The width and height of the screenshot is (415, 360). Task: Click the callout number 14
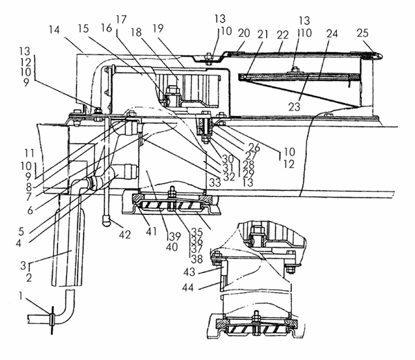54,30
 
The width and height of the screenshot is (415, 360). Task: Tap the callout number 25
362,33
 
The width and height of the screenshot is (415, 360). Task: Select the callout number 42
124,234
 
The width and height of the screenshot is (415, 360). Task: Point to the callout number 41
151,231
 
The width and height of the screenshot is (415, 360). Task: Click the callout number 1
21,296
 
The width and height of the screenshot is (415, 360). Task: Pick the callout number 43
189,272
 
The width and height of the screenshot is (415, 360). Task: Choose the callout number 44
188,287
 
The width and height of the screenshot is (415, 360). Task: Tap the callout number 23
294,107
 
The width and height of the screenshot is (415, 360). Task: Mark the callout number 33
215,182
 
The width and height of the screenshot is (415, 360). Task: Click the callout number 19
158,28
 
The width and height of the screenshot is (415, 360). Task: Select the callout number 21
263,35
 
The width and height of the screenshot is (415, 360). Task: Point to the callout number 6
30,210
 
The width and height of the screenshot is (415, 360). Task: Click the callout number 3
24,265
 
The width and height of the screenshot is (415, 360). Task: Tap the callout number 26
255,147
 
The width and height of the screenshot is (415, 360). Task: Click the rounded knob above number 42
107,220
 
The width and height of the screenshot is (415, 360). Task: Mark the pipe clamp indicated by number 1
52,319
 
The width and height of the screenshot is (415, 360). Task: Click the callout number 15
83,28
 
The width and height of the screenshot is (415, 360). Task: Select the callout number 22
282,35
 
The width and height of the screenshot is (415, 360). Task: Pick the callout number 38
197,259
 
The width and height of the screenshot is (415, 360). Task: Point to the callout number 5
21,231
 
